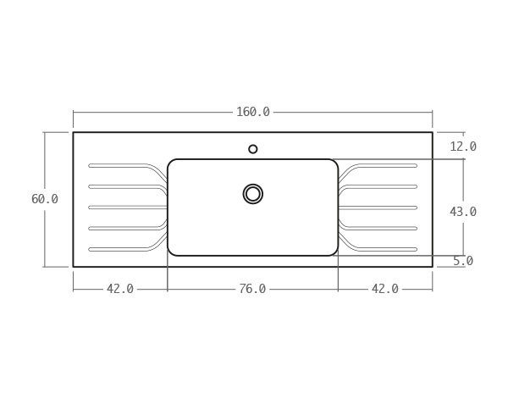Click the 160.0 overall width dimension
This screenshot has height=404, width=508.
(x=252, y=112)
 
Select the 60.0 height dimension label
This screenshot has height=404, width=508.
(x=45, y=199)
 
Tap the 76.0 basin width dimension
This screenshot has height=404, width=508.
(x=252, y=289)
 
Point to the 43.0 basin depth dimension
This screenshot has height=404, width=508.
(x=463, y=212)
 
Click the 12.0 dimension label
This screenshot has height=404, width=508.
(x=463, y=147)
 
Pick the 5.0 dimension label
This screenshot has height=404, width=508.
(x=463, y=261)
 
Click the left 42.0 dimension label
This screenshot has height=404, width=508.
(x=120, y=289)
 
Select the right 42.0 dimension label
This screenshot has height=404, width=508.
(x=385, y=289)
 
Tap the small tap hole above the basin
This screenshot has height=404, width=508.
(x=253, y=149)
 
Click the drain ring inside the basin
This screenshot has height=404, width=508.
(x=252, y=194)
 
